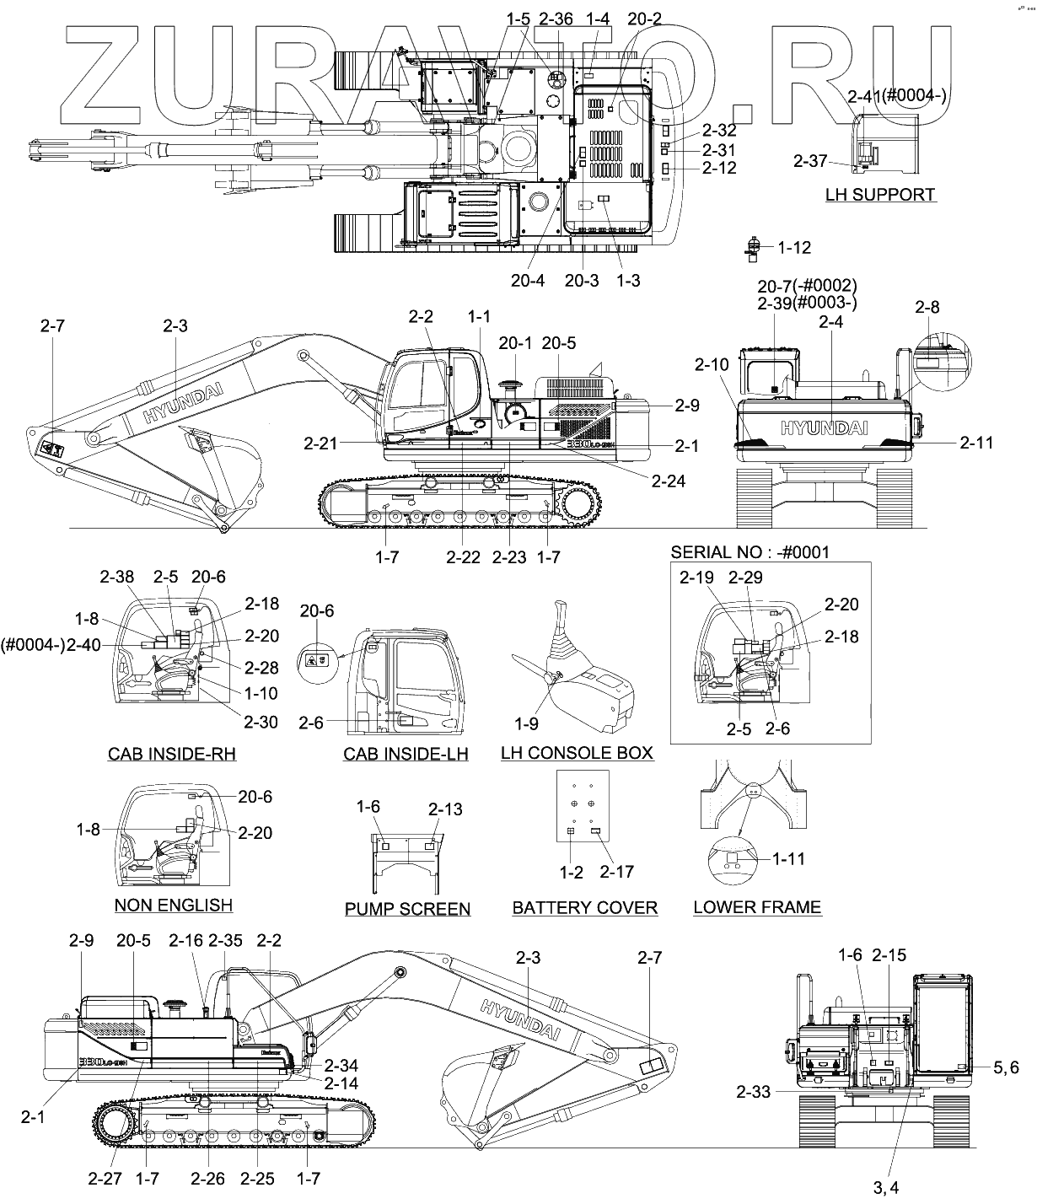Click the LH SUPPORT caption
(x=880, y=195)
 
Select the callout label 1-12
(x=793, y=248)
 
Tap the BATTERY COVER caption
(x=584, y=907)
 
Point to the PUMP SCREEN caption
(x=407, y=909)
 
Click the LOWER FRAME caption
(x=756, y=907)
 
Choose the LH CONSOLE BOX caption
(x=577, y=753)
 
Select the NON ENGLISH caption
(x=173, y=906)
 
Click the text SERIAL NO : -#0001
(x=750, y=552)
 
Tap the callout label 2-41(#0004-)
(x=897, y=96)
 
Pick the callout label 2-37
(x=810, y=160)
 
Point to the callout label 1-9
(x=526, y=723)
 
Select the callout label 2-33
(x=753, y=1092)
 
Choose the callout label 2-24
(x=668, y=481)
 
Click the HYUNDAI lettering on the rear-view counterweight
(x=824, y=427)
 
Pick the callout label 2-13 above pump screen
(x=445, y=809)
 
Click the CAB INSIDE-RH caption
(x=172, y=754)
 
